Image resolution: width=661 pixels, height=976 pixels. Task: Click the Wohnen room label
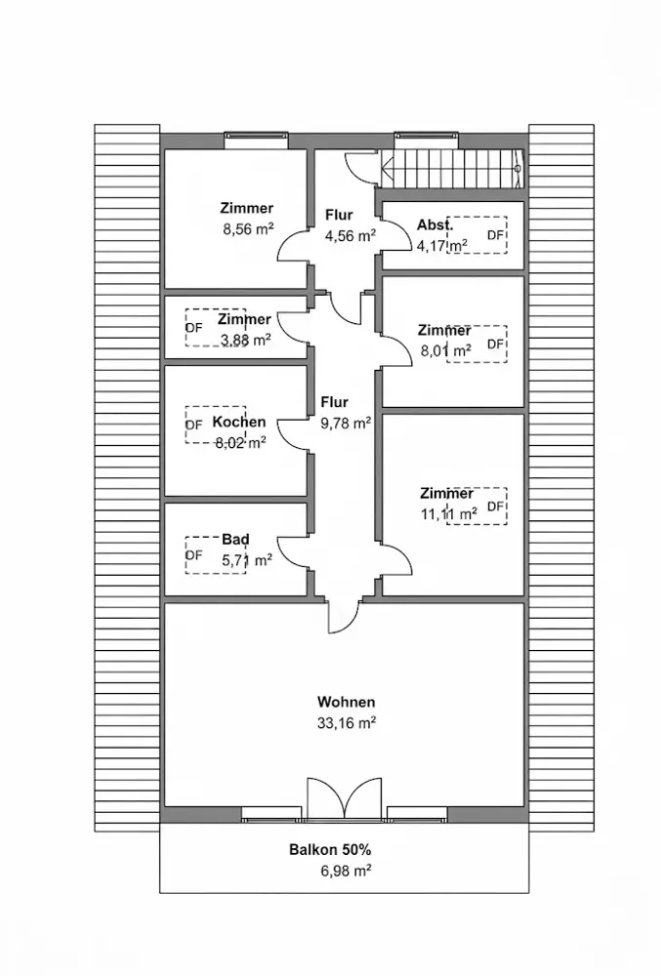[x=346, y=702]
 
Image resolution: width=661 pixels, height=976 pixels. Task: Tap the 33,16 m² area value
[x=346, y=723]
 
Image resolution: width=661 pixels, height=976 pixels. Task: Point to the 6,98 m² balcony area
[x=346, y=871]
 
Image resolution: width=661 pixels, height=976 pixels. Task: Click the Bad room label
[x=235, y=540]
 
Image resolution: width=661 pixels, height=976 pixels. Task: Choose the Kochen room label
[x=239, y=422]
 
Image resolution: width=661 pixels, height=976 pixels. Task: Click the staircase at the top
[x=452, y=168]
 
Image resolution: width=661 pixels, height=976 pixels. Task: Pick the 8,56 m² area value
[x=249, y=229]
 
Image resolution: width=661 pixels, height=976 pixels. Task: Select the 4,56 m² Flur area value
[x=350, y=236]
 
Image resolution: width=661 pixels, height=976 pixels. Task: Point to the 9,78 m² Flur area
[x=346, y=424]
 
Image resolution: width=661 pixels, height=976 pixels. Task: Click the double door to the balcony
[x=345, y=796]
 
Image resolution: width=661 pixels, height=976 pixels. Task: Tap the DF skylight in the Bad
[x=216, y=554]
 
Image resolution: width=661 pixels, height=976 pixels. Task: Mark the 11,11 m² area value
[x=449, y=514]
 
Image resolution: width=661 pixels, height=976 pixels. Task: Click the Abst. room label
[x=435, y=224]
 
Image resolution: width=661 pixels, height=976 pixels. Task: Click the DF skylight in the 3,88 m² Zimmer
[x=216, y=327]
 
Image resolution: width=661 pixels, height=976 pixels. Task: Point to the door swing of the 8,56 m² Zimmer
[x=292, y=247]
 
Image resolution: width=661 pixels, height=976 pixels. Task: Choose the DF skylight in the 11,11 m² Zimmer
[x=476, y=506]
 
